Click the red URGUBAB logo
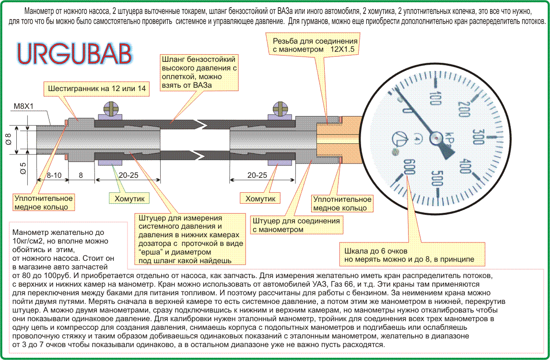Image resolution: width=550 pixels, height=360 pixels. [74, 54]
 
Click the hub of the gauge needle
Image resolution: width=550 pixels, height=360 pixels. [436, 138]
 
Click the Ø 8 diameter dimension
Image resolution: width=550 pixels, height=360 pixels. [8, 139]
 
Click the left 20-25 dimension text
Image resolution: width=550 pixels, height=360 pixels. [128, 175]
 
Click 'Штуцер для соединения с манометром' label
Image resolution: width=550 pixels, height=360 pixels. [296, 225]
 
